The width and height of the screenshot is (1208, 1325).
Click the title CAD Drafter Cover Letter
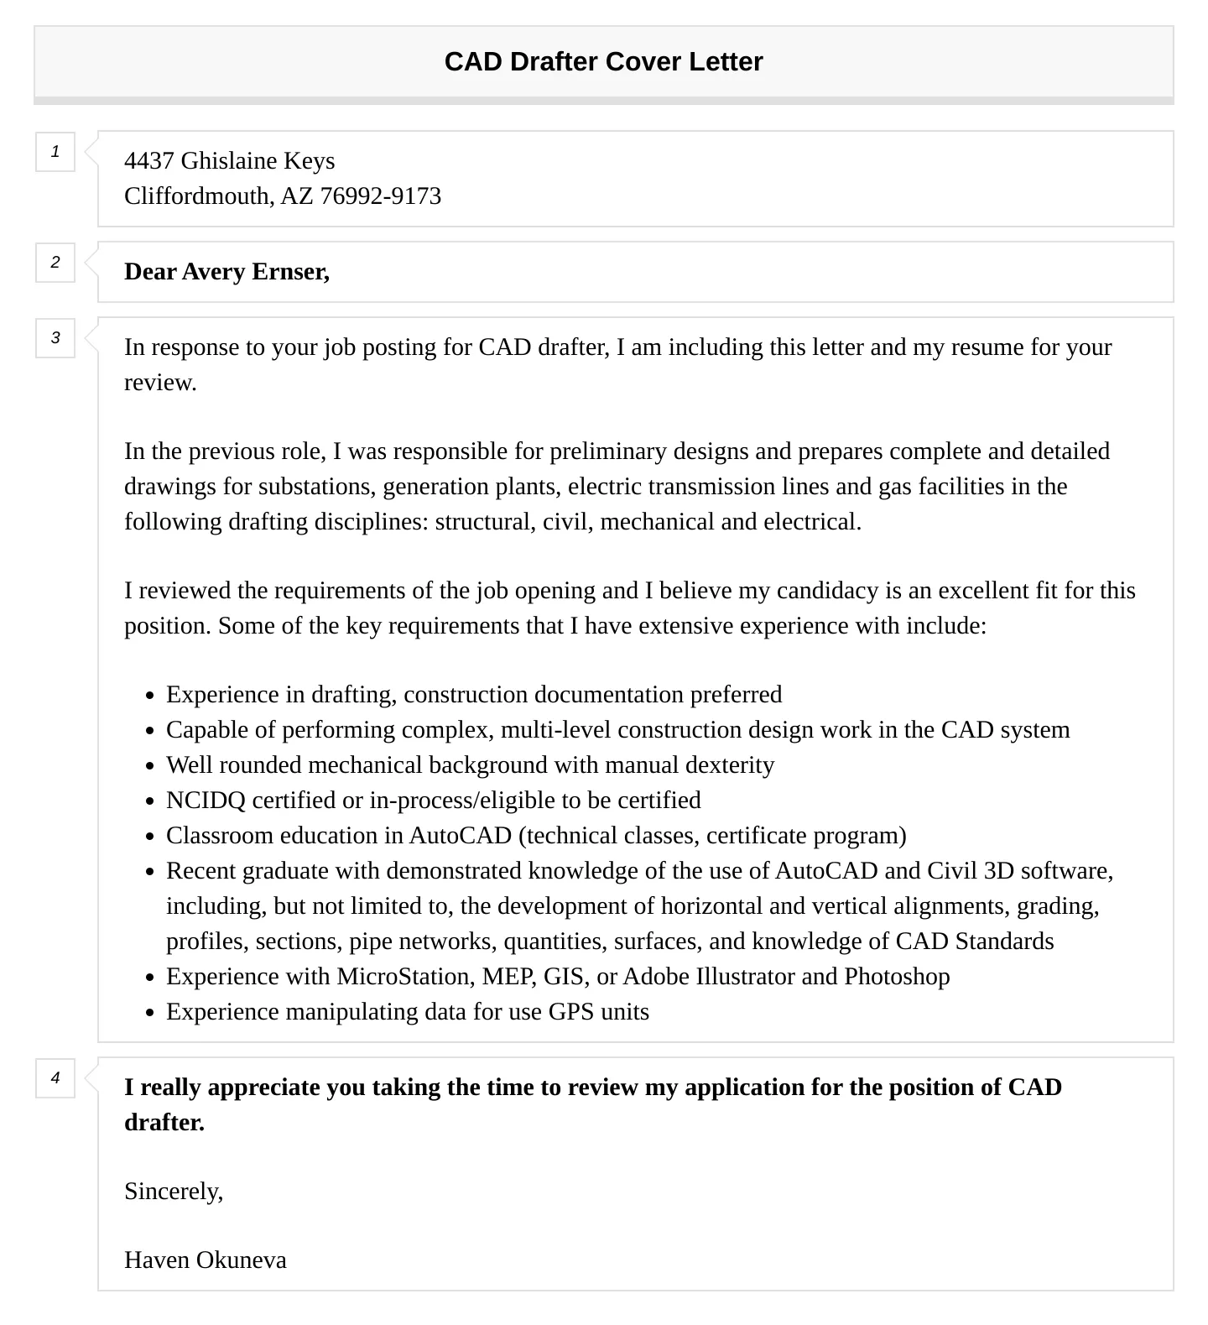tap(603, 62)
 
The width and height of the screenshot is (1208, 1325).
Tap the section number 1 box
tap(55, 152)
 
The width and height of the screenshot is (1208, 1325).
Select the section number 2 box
tap(55, 263)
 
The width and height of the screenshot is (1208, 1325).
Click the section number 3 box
tap(55, 338)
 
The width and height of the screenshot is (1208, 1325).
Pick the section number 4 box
tap(55, 1078)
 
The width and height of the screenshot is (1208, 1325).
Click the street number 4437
tap(148, 161)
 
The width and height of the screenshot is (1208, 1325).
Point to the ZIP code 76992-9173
tap(380, 196)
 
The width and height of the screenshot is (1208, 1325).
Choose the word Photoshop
tap(897, 977)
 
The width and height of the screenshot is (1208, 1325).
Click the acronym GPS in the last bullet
tap(570, 1012)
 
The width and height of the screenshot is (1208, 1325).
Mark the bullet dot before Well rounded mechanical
tap(150, 766)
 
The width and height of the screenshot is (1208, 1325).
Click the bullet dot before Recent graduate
tap(150, 872)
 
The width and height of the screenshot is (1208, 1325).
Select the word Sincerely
tap(173, 1192)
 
